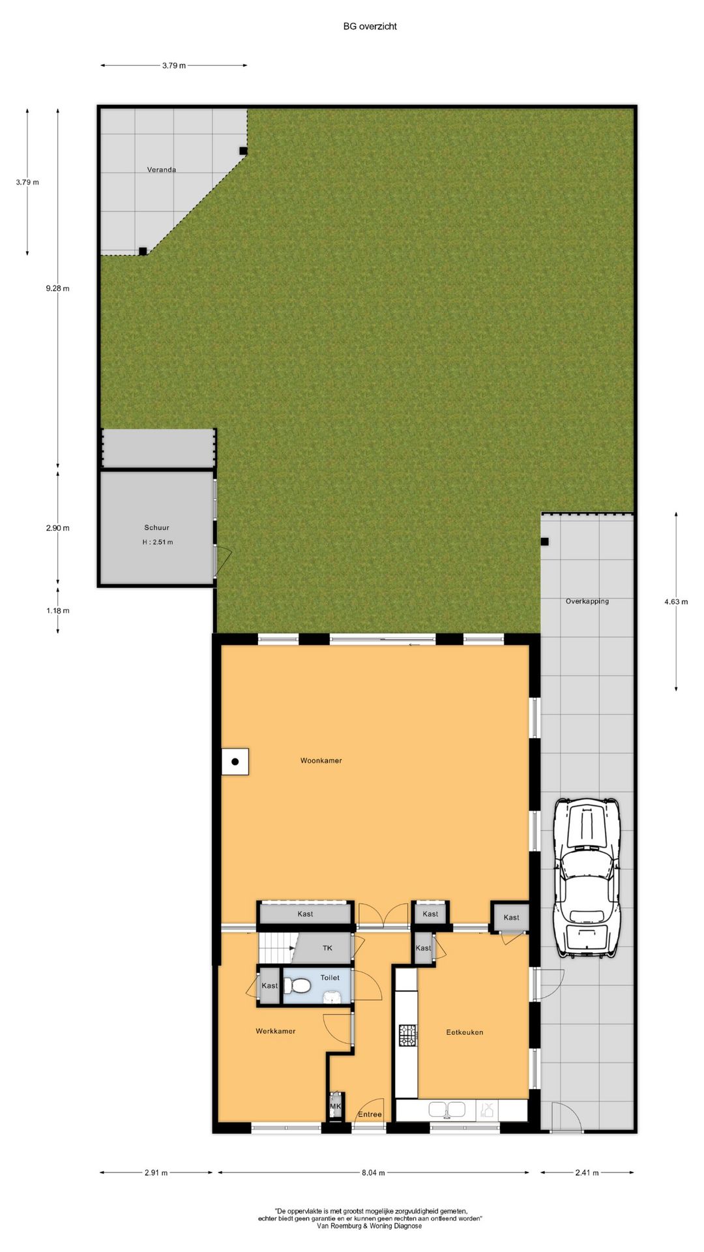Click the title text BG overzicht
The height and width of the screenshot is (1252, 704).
point(370,26)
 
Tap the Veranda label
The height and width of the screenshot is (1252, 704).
point(161,170)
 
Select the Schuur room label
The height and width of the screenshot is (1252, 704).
point(156,528)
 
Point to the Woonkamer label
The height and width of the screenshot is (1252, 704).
point(321,760)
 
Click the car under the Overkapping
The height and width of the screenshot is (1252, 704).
point(586,877)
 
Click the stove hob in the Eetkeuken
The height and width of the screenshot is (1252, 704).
point(408,1035)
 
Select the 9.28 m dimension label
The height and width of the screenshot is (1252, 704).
point(57,288)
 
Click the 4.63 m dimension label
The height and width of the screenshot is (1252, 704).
point(676,602)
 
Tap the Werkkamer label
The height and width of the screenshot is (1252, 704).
point(275,1031)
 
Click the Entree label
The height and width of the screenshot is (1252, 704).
point(370,1114)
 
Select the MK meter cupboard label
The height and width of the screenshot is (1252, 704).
point(336,1107)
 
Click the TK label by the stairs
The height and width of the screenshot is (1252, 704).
point(327,948)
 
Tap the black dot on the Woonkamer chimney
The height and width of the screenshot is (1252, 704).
point(235,761)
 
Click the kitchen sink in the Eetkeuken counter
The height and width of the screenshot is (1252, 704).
point(447,1109)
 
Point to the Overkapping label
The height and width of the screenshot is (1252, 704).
point(587,601)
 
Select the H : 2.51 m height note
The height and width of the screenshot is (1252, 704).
point(158,542)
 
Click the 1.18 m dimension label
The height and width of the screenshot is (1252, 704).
point(57,611)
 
